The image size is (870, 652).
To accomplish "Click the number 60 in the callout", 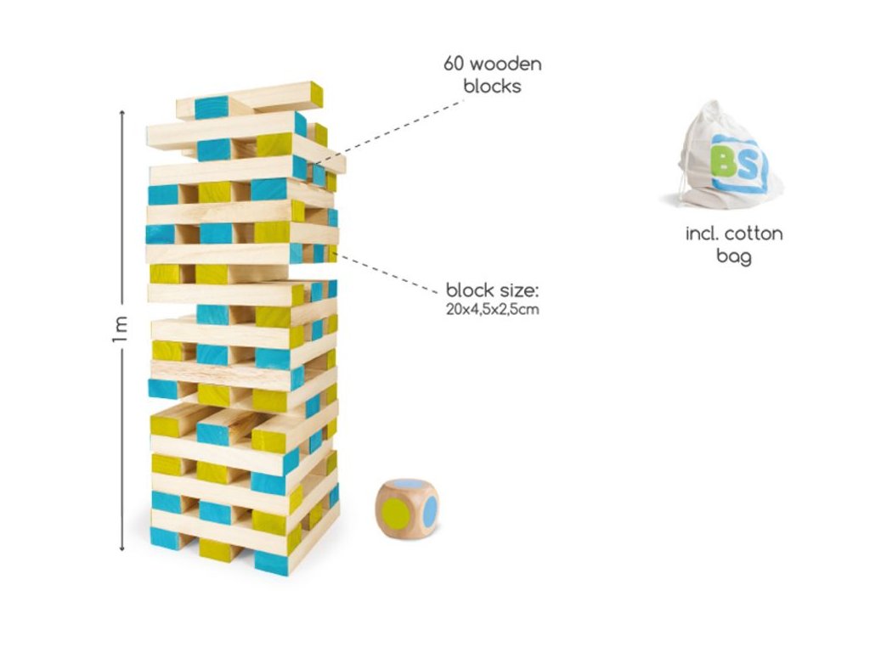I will point(455,65).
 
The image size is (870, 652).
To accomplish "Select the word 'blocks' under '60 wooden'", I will point(493,86).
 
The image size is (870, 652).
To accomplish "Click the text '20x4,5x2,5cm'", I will point(492,310).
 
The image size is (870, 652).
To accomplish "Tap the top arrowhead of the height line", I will point(122,113).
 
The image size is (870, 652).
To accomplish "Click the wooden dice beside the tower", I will point(407,509).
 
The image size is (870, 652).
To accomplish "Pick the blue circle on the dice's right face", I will point(430,509).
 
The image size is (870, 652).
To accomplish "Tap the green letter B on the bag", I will point(725,162).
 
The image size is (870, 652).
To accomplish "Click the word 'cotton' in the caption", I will point(754,233).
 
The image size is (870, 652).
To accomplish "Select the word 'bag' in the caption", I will point(734,255).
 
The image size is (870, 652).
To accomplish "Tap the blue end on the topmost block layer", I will point(212,108).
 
